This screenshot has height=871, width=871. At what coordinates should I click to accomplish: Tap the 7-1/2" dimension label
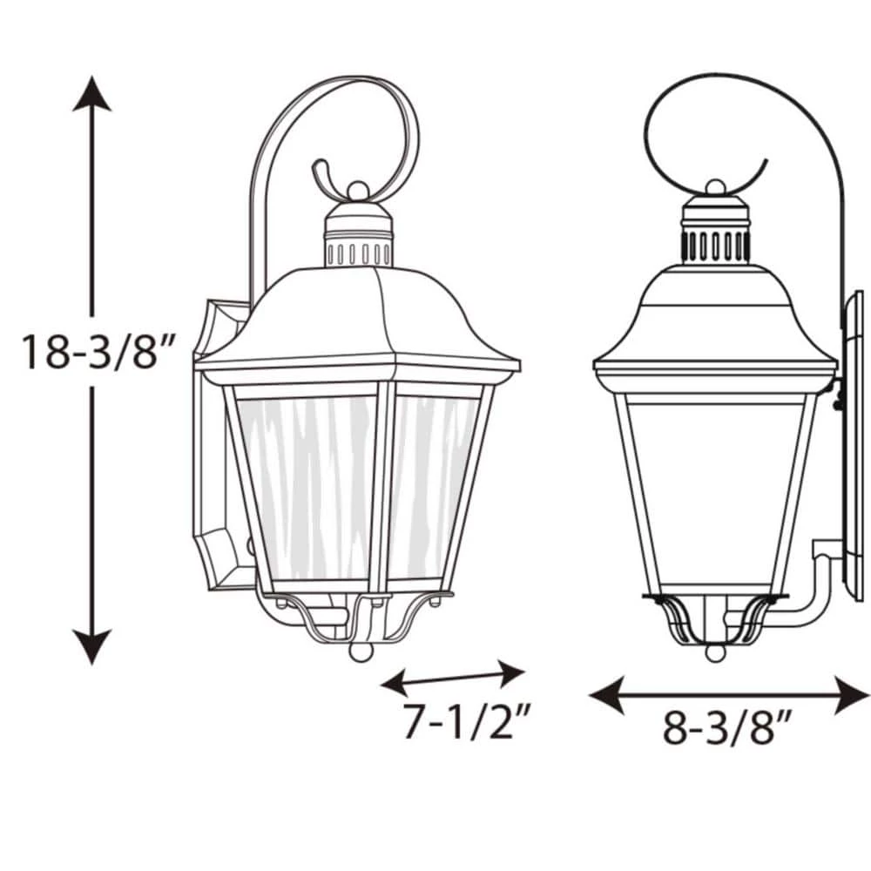tap(466, 721)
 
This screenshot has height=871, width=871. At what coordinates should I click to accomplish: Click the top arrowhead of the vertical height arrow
tap(91, 92)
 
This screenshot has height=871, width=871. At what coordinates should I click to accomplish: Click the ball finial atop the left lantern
tap(357, 189)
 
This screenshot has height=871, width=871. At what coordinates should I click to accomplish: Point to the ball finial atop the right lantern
tap(715, 186)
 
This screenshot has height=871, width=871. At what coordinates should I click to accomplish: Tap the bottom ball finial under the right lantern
tap(714, 652)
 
